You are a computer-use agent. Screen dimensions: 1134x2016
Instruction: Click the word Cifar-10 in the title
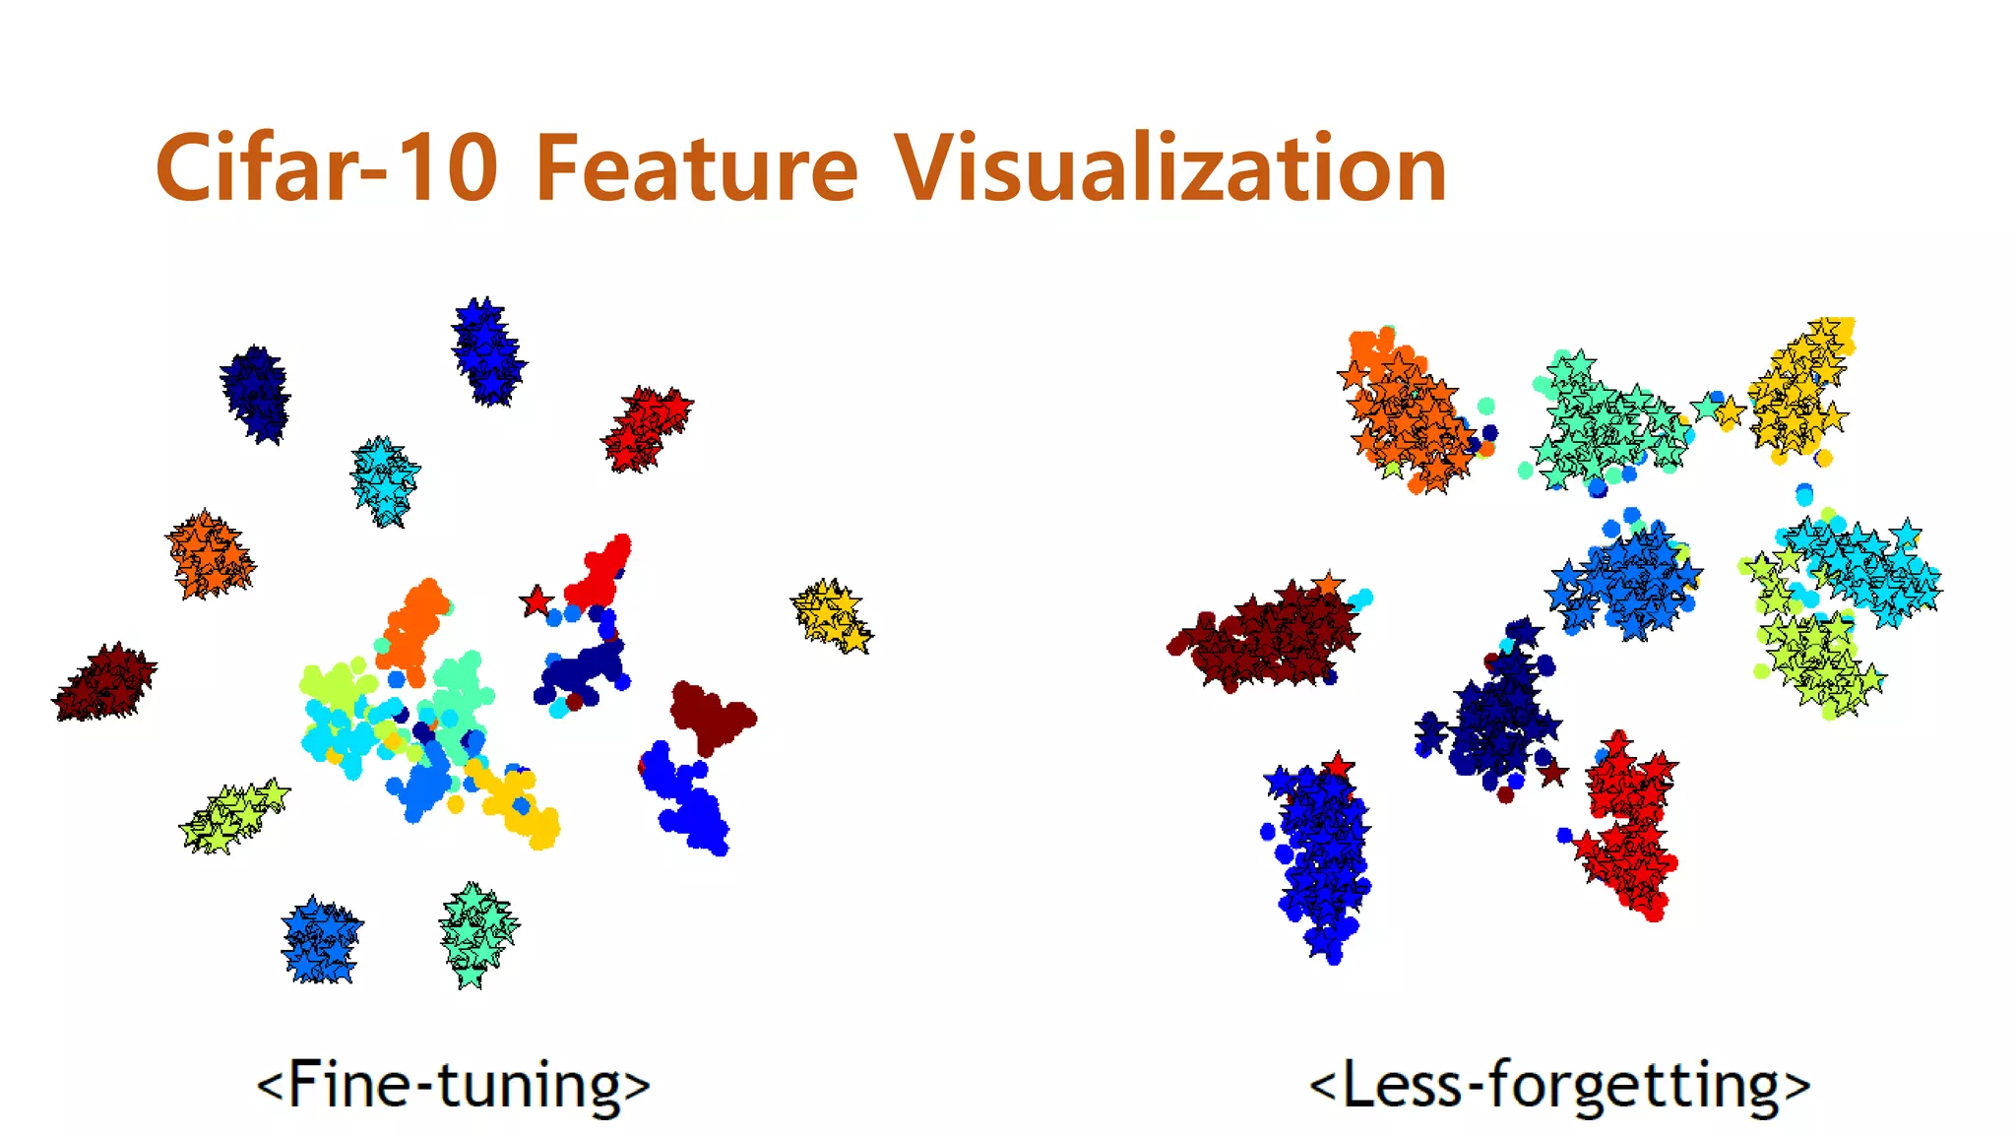pos(326,169)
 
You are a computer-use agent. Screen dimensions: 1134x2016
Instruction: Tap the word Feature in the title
pos(697,169)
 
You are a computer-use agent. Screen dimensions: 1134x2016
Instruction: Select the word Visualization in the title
pos(1170,169)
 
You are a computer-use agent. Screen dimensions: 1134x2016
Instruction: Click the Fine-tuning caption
pos(453,1085)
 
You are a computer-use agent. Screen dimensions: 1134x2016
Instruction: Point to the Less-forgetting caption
pos(1559,1085)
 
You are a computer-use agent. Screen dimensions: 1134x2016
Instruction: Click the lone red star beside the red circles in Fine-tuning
pos(536,600)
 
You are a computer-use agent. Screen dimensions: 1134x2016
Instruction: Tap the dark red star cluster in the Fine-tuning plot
pos(105,681)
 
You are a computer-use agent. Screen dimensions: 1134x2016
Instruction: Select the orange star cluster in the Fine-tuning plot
pos(209,554)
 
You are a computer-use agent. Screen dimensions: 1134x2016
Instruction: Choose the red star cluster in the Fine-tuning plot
pos(647,428)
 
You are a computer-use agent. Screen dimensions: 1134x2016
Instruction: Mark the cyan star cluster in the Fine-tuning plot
pos(385,480)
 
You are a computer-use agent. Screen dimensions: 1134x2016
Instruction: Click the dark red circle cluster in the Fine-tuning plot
pos(711,715)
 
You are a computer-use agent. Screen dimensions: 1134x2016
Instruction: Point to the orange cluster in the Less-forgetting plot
pos(1406,413)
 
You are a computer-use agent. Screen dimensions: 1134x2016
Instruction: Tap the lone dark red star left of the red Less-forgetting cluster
pos(1552,773)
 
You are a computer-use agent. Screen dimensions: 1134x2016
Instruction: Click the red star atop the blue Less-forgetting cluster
pos(1338,765)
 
